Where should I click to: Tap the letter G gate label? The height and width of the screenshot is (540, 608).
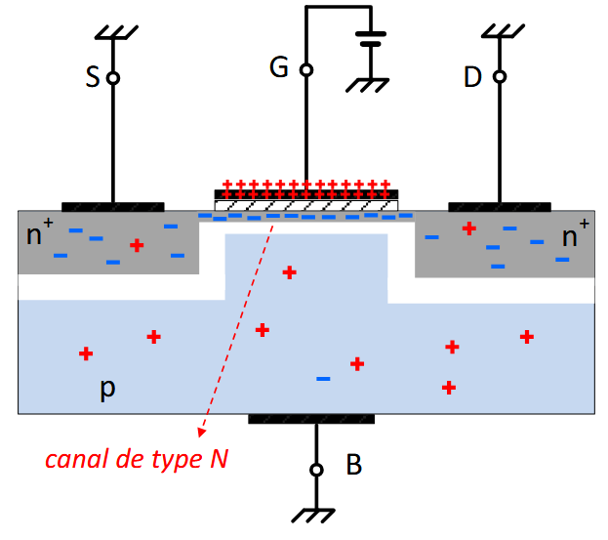pos(280,68)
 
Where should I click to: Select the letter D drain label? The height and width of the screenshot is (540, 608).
pos(473,77)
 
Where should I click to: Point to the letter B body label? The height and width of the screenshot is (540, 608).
pos(353,466)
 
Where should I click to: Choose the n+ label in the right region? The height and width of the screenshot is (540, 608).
pos(577,234)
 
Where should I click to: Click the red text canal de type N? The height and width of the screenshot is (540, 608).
pos(138,459)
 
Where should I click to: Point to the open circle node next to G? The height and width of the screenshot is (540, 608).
pos(306,70)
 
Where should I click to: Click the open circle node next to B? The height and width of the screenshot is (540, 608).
pos(315,470)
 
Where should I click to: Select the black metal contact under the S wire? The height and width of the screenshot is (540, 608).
pos(112,206)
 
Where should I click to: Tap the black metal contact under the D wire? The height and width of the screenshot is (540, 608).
pos(500,206)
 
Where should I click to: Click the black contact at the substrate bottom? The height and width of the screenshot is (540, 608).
pos(311,419)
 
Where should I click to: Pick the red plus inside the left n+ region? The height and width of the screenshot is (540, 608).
pos(137,245)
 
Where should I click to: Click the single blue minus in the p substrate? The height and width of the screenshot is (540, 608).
pos(323,378)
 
